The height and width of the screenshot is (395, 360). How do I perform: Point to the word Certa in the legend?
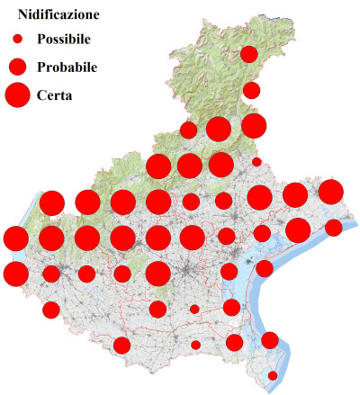[55, 94]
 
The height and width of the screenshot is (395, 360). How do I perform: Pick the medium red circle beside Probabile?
[18, 67]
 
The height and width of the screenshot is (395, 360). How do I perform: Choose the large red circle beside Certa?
[18, 94]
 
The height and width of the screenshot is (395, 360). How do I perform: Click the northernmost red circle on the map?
[249, 55]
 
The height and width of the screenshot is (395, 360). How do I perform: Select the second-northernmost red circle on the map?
[252, 90]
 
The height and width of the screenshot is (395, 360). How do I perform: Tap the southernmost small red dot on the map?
[273, 375]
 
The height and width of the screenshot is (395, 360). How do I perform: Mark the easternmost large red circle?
[331, 191]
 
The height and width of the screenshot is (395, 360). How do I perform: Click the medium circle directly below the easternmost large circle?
[334, 227]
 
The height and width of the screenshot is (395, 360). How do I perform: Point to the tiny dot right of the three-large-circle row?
[256, 162]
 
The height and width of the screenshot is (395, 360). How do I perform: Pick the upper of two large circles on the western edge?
[15, 238]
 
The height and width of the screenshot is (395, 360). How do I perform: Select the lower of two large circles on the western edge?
[15, 273]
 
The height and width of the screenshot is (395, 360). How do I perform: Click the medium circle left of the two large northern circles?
[188, 130]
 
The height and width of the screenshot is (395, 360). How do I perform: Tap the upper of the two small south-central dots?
[194, 310]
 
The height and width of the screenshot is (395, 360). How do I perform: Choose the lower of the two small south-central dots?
[195, 345]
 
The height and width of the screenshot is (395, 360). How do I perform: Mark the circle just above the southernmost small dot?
[269, 340]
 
